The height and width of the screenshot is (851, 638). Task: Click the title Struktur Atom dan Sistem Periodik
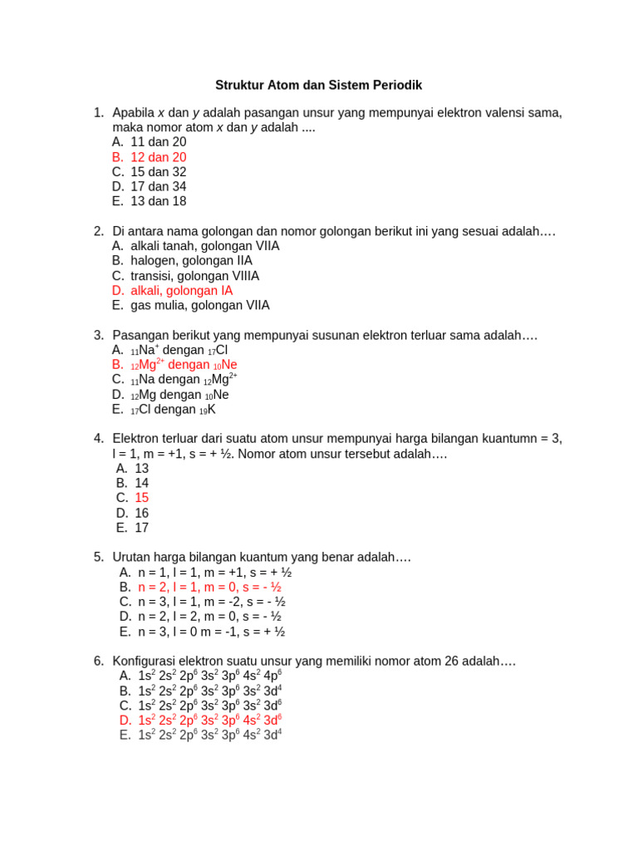319,86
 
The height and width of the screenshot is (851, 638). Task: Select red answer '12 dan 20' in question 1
158,157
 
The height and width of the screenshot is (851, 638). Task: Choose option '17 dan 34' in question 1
158,187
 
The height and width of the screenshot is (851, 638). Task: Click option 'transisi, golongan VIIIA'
194,276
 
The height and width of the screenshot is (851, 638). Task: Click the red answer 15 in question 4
142,498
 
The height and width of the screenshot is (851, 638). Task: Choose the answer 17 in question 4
142,528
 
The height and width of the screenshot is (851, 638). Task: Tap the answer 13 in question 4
142,469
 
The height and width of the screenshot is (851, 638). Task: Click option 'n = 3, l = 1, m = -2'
212,602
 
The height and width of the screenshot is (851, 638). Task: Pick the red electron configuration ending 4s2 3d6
210,720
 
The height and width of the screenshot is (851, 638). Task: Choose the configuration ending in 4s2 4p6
210,676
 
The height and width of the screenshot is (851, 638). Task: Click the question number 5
99,557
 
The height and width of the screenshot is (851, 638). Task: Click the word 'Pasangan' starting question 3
140,335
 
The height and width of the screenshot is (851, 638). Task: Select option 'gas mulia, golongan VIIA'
199,306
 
